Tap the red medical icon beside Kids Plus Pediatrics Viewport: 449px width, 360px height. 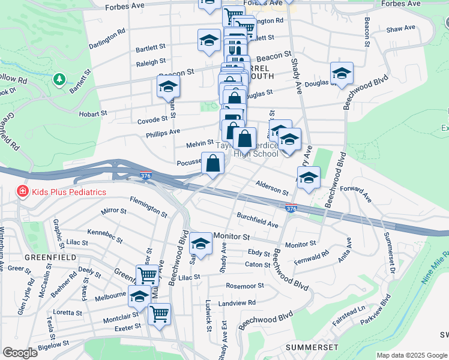[22, 192]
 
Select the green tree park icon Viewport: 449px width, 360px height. [59, 79]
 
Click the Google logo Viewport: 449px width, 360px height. [20, 353]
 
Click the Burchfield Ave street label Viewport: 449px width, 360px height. [258, 220]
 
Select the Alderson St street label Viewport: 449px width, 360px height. [272, 188]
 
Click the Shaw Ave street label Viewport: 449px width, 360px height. [401, 28]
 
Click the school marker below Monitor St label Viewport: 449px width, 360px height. [201, 244]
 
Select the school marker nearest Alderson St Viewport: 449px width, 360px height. [309, 178]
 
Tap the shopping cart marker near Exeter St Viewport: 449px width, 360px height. [159, 314]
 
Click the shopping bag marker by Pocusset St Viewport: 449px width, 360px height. [213, 163]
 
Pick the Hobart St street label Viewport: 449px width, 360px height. [92, 113]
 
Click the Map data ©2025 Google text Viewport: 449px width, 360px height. [412, 355]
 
